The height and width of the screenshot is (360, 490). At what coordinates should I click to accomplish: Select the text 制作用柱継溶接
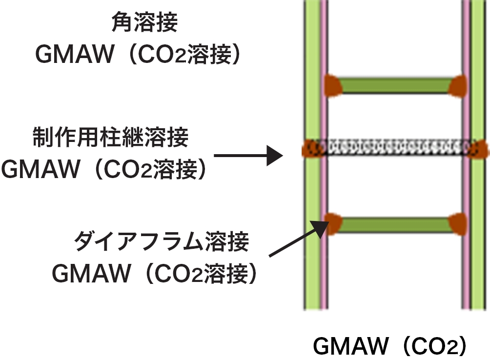click(110, 139)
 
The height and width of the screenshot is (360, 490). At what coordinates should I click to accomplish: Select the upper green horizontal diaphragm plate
click(394, 86)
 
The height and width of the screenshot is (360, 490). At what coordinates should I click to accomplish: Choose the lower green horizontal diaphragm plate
click(394, 224)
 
